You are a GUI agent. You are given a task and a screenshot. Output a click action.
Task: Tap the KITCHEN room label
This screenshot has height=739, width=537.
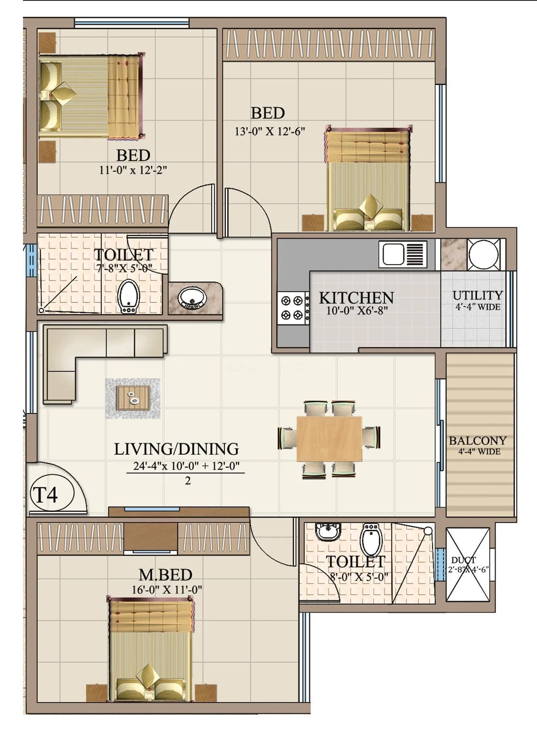pyautogui.click(x=356, y=298)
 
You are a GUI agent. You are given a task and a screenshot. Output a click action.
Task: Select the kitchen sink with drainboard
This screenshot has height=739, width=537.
pyautogui.click(x=402, y=254)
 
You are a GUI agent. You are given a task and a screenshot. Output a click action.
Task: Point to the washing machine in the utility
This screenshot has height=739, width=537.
pyautogui.click(x=483, y=255)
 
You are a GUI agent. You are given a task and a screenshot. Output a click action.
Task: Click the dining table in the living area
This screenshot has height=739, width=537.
pyautogui.click(x=329, y=439)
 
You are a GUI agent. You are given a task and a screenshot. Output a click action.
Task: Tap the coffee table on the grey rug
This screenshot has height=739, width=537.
pyautogui.click(x=133, y=398)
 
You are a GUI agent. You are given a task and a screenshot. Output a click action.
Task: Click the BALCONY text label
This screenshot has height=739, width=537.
pyautogui.click(x=478, y=440)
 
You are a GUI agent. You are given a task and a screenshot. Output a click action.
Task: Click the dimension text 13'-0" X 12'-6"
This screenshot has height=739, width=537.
pyautogui.click(x=270, y=132)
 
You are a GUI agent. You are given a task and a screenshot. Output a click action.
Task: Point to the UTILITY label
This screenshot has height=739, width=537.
pyautogui.click(x=477, y=295)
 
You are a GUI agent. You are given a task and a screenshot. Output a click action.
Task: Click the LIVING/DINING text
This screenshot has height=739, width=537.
pyautogui.click(x=176, y=449)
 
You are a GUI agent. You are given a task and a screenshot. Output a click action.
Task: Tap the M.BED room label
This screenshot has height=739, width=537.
pyautogui.click(x=165, y=574)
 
